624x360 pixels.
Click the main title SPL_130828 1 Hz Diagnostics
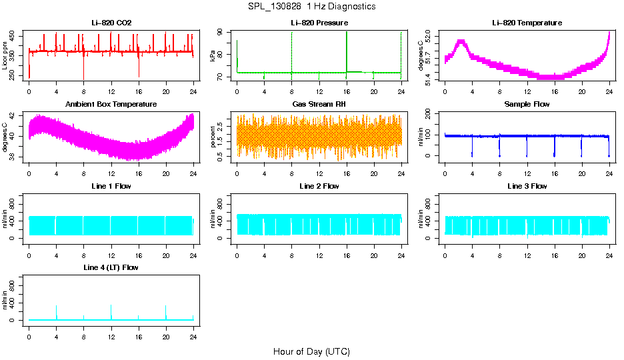click(311, 7)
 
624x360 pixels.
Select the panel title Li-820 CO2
click(111, 23)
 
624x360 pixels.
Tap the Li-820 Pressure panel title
click(319, 23)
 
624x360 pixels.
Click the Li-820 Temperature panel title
click(527, 23)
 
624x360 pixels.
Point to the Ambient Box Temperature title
click(111, 105)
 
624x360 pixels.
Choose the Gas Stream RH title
click(319, 105)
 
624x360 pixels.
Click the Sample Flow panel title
click(527, 105)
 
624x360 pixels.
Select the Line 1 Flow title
click(111, 186)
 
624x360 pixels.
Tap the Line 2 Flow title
click(319, 186)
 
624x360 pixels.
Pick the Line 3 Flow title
click(527, 186)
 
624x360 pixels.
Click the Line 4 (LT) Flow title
click(111, 267)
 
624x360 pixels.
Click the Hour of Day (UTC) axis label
click(311, 351)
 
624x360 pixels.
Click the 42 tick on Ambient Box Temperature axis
click(15, 116)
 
